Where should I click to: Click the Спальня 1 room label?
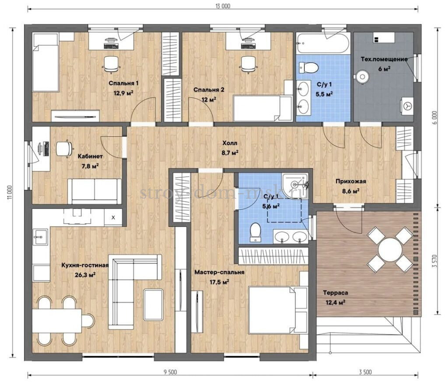click(x=123, y=83)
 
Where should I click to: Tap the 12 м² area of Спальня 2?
click(x=209, y=99)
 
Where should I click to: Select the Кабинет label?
click(x=90, y=156)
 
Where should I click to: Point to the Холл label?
click(x=230, y=143)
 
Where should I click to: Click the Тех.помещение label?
click(x=384, y=59)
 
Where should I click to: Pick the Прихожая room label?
click(x=350, y=181)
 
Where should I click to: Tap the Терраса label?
click(x=336, y=293)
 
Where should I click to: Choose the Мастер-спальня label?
click(x=220, y=273)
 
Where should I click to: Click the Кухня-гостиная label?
click(x=85, y=265)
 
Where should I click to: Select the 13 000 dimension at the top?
click(x=223, y=6)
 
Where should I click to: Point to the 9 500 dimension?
click(x=170, y=372)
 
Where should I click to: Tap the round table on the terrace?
click(x=390, y=249)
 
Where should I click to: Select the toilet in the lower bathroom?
click(x=255, y=232)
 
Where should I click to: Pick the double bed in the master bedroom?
click(x=278, y=310)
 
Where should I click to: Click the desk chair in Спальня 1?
click(x=111, y=64)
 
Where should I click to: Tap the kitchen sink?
click(x=40, y=237)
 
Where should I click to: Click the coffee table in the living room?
click(x=154, y=305)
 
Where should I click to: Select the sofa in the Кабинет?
click(x=94, y=191)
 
